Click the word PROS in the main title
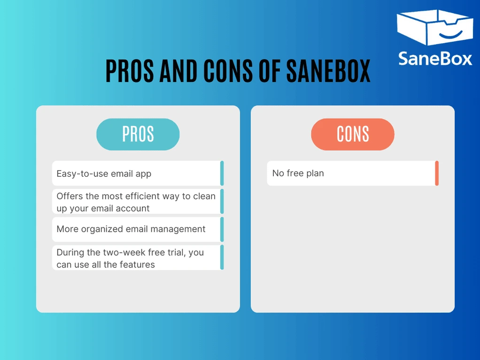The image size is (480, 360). [x=130, y=71]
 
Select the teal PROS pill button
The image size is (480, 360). [x=138, y=134]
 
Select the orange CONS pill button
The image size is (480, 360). [x=353, y=134]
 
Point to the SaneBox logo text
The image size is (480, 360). [x=435, y=58]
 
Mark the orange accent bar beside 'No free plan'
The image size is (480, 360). [x=437, y=173]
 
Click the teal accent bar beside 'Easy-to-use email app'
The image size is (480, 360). [x=222, y=173]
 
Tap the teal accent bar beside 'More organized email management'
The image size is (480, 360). [x=222, y=229]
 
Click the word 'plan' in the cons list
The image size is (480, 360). [x=315, y=173]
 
